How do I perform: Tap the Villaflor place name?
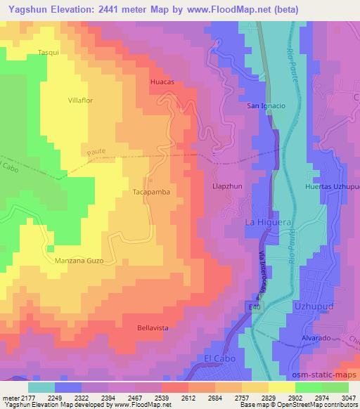click(81, 100)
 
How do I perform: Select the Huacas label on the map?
click(162, 82)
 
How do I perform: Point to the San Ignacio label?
click(265, 106)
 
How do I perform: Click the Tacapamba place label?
click(152, 191)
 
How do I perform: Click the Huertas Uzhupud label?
click(332, 187)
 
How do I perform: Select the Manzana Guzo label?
click(79, 260)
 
